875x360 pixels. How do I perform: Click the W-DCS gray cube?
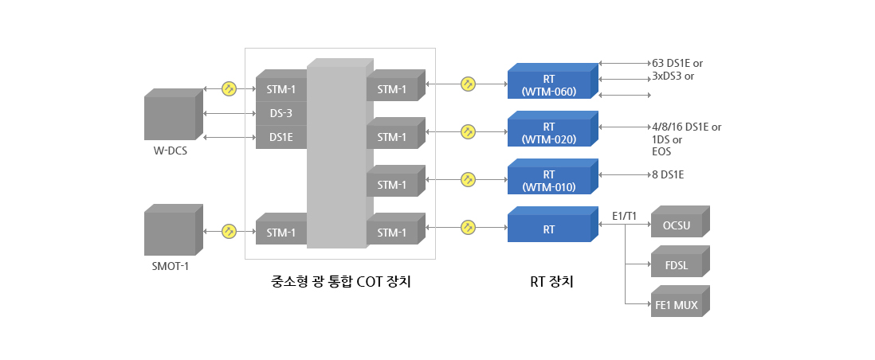click(170, 118)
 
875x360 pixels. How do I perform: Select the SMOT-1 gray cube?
click(170, 233)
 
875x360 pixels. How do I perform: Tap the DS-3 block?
click(281, 113)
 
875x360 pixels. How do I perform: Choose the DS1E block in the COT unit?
click(281, 137)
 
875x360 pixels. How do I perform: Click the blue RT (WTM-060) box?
click(549, 84)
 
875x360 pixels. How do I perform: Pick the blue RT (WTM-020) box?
click(549, 132)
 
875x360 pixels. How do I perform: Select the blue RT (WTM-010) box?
click(549, 180)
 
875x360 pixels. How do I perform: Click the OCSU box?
click(677, 225)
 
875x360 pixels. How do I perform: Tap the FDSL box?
click(677, 264)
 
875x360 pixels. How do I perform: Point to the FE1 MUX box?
click(677, 303)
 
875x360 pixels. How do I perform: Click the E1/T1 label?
click(624, 216)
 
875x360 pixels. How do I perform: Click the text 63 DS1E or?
click(677, 62)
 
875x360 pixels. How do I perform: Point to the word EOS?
click(661, 151)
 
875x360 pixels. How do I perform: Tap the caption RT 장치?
click(551, 282)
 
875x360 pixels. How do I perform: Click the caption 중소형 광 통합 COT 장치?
click(340, 282)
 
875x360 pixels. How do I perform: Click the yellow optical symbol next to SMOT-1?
click(230, 231)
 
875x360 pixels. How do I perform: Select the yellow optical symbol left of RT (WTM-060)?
click(468, 83)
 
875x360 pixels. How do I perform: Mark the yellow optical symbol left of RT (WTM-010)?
click(468, 179)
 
